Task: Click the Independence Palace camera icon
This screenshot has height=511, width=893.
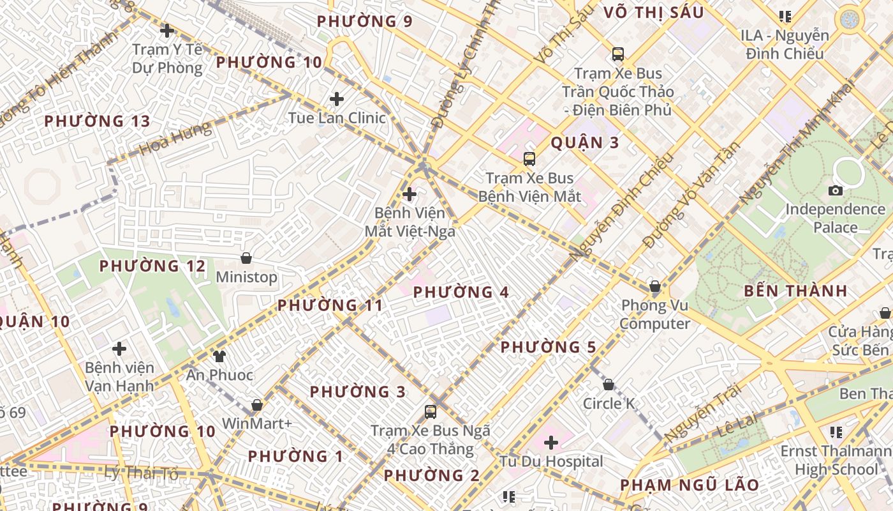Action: pyautogui.click(x=835, y=190)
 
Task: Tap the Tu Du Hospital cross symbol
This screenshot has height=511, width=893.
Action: pyautogui.click(x=551, y=442)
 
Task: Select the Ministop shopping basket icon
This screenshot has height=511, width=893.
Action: pyautogui.click(x=246, y=258)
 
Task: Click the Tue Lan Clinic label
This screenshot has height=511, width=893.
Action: pyautogui.click(x=337, y=118)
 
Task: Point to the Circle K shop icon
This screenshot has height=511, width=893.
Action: pyautogui.click(x=609, y=385)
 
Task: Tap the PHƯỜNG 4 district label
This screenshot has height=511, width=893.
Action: pyautogui.click(x=461, y=293)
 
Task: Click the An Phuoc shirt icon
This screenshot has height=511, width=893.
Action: pyautogui.click(x=219, y=356)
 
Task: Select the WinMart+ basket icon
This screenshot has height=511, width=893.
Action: pyautogui.click(x=257, y=405)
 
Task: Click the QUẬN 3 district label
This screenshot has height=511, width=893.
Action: pyautogui.click(x=584, y=142)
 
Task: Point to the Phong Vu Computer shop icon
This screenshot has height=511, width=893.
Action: pyautogui.click(x=654, y=286)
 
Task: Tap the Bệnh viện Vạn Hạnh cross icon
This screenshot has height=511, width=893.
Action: pyautogui.click(x=119, y=349)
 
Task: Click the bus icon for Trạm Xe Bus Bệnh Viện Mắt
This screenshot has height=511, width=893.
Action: pyautogui.click(x=529, y=159)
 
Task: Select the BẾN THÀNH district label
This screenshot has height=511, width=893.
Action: pyautogui.click(x=795, y=291)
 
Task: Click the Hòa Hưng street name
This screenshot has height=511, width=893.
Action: pyautogui.click(x=175, y=139)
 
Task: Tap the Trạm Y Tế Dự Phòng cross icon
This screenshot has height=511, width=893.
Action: pyautogui.click(x=167, y=30)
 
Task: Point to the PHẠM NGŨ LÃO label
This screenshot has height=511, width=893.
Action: pyautogui.click(x=690, y=485)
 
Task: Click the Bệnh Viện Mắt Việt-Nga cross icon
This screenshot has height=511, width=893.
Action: pyautogui.click(x=410, y=194)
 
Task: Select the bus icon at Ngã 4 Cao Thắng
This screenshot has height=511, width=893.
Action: pyautogui.click(x=431, y=412)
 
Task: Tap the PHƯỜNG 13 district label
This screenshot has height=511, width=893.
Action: pyautogui.click(x=97, y=121)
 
